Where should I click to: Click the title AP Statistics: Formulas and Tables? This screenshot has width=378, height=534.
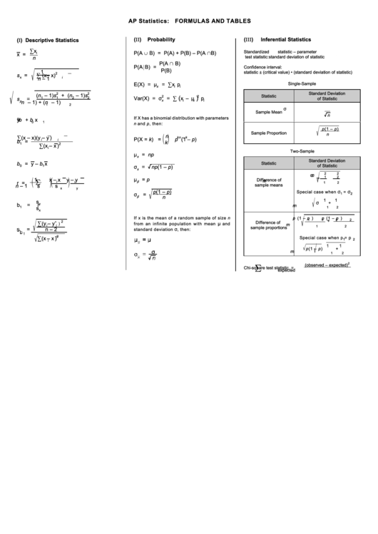189,22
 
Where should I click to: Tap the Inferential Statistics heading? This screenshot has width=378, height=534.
285,40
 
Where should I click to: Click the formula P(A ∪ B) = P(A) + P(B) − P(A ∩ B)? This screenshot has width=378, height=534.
175,53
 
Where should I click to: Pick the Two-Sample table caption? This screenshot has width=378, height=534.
302,151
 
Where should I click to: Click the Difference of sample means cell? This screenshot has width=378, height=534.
269,183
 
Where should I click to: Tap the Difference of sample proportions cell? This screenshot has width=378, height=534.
267,225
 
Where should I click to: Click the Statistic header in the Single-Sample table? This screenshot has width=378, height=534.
269,96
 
